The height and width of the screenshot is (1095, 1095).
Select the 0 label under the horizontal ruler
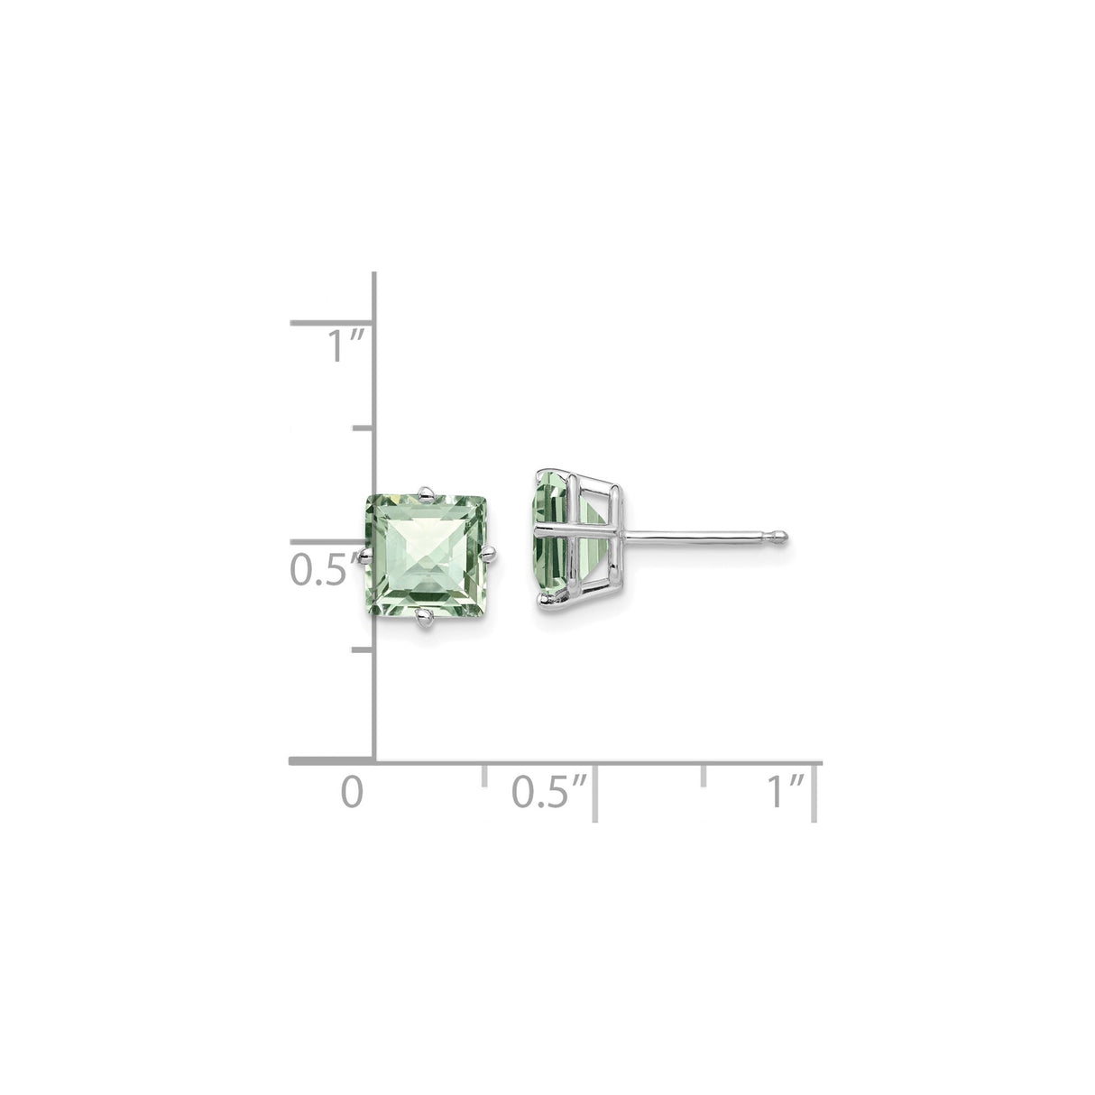click(x=353, y=791)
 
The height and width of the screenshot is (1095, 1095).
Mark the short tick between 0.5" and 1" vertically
click(x=363, y=428)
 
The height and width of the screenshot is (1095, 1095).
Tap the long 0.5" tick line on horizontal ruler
click(x=594, y=792)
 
